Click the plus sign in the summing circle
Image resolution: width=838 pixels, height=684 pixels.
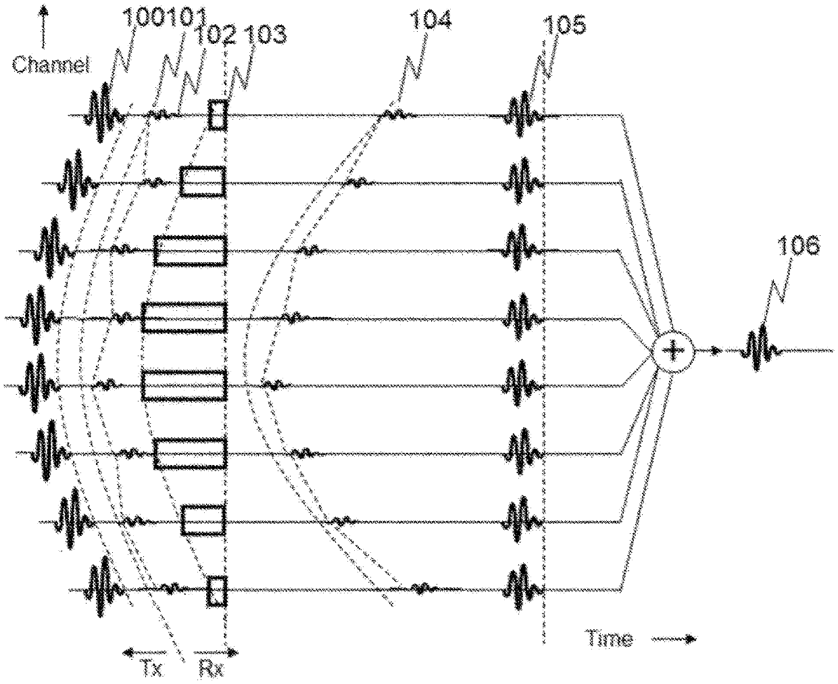672,351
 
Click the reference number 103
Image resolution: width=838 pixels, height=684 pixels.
265,32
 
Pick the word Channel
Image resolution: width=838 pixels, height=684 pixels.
51,65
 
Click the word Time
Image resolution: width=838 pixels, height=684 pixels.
610,639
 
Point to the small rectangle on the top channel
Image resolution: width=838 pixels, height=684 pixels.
217,115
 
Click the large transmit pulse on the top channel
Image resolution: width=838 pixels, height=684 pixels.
105,116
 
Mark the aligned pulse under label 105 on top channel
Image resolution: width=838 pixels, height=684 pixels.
525,115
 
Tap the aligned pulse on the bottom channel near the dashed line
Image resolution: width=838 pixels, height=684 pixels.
525,588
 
